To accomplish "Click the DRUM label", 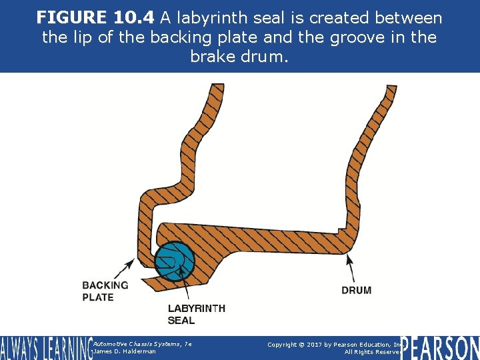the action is pos(356,290).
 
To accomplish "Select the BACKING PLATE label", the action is pos(105,291).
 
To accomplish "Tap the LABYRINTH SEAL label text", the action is pos(196,314).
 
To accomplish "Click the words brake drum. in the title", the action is pos(239,56).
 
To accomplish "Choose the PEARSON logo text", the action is pos(440,347).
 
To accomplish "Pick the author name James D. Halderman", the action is pos(125,351).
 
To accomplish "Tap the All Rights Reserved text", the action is pos(373,352).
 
